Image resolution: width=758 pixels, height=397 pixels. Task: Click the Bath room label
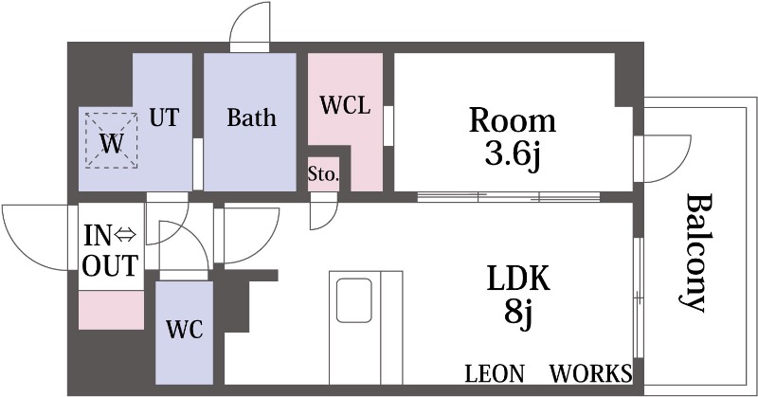[251, 117]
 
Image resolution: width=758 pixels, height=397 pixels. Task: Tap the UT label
[164, 117]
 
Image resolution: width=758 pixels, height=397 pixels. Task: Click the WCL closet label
[345, 105]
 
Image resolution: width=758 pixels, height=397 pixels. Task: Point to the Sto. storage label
[323, 174]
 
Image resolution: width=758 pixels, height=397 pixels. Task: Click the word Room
[513, 121]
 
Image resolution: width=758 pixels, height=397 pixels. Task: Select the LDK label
[518, 278]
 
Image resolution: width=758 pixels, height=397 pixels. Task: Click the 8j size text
[518, 314]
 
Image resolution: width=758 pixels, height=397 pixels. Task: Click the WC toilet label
[184, 330]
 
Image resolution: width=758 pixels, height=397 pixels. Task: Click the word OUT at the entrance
[110, 265]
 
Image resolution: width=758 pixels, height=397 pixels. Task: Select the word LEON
[494, 374]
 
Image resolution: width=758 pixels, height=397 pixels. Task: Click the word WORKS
[590, 374]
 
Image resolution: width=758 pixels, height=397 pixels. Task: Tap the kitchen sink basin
[354, 299]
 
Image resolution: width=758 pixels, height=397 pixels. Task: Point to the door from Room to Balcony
[663, 159]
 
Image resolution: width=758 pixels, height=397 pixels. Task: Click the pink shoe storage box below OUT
[111, 310]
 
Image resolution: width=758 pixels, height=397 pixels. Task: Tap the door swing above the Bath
[250, 25]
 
